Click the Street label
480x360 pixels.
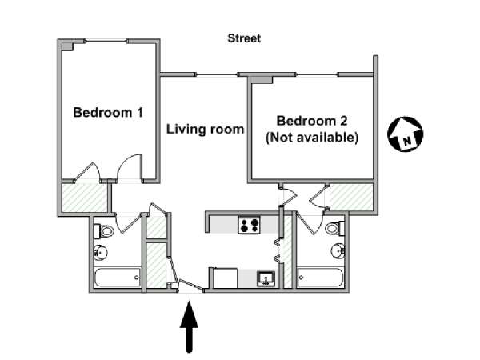(244, 38)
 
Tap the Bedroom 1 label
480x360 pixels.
(108, 112)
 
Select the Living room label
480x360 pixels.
(205, 129)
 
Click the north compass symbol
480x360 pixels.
(405, 134)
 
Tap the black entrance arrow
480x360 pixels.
(189, 326)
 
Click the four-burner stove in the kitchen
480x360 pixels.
(250, 225)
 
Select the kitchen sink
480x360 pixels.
(266, 279)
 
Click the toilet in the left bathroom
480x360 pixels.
(103, 231)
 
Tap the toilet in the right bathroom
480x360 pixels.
(335, 228)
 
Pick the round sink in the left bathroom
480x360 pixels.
(101, 253)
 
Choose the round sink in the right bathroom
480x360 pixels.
(338, 251)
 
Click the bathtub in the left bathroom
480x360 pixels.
(118, 278)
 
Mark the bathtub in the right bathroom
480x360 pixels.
(321, 278)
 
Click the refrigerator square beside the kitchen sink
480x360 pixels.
(225, 278)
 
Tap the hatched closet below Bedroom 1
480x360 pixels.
(85, 197)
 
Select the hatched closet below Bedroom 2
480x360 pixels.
(351, 197)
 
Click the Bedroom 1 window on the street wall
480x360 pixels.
(106, 41)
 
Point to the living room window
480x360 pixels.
(217, 74)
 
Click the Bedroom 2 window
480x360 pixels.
(317, 74)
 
